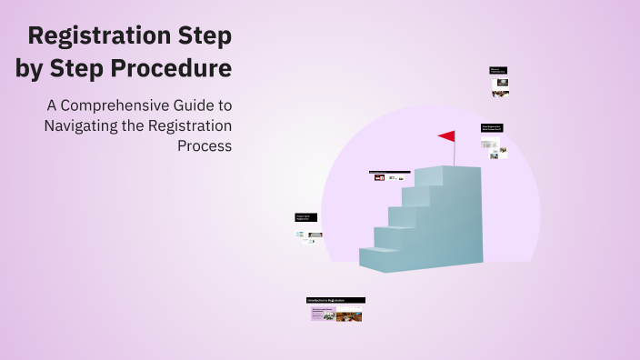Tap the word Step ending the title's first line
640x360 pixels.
pyautogui.click(x=206, y=36)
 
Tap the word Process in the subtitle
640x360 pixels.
pyautogui.click(x=205, y=145)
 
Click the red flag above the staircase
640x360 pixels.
pyautogui.click(x=447, y=136)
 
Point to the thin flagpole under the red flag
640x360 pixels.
pyautogui.click(x=455, y=155)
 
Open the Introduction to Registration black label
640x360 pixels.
pyautogui.click(x=335, y=300)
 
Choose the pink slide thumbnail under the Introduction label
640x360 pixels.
pyautogui.click(x=323, y=315)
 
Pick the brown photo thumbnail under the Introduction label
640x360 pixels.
pyautogui.click(x=350, y=316)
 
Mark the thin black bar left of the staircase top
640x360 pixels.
pyautogui.click(x=389, y=172)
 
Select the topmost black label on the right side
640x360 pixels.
pyautogui.click(x=498, y=70)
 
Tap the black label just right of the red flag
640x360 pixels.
pyautogui.click(x=492, y=128)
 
